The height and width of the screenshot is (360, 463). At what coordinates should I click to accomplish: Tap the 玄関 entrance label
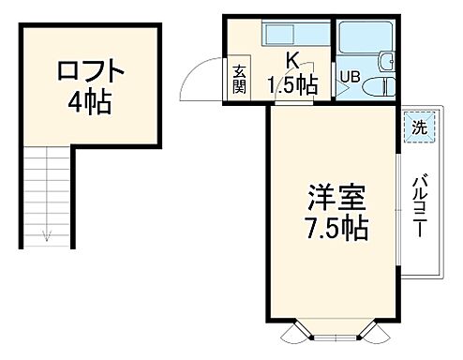pos(240,78)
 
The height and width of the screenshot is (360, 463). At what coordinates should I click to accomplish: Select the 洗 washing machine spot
pos(421,126)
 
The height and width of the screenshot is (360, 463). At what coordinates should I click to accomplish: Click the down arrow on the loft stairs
pos(44,235)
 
